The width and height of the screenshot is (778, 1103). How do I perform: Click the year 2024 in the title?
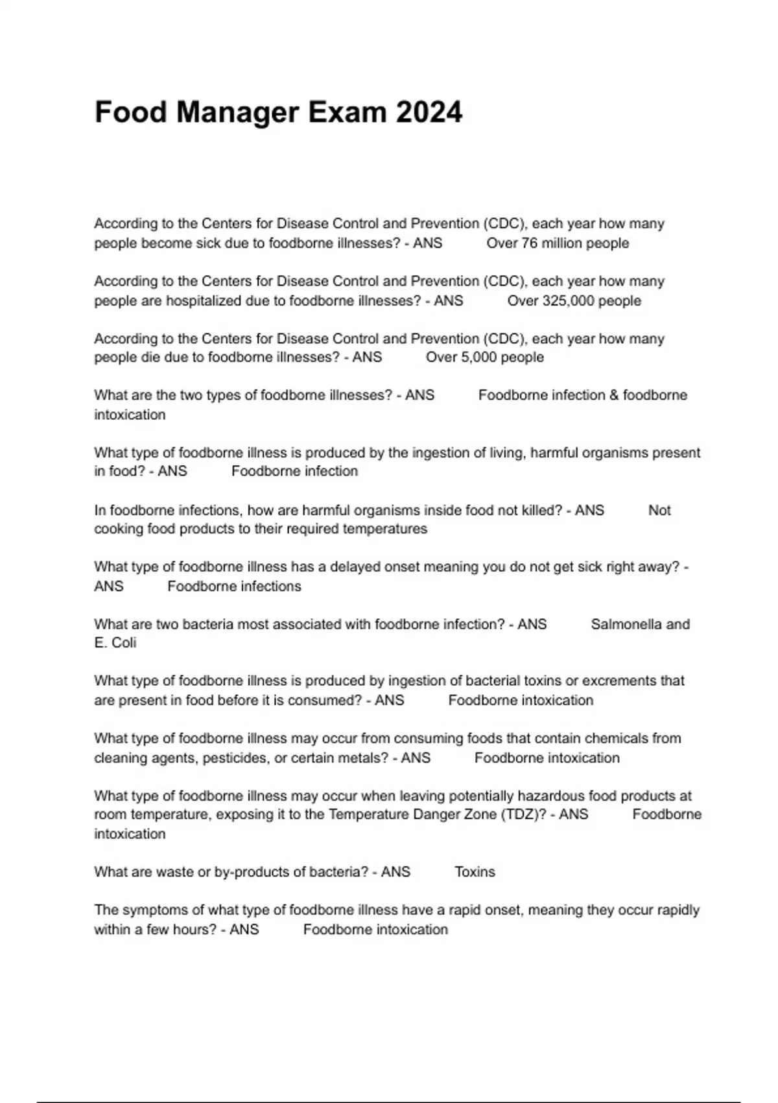click(429, 112)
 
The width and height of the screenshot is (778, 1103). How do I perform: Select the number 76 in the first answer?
click(530, 243)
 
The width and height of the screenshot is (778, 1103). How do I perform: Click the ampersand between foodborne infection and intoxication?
click(614, 395)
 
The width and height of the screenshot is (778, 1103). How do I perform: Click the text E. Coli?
click(115, 643)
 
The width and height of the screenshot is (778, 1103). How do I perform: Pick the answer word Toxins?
click(475, 872)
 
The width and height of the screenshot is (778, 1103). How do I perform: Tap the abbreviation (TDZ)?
click(523, 815)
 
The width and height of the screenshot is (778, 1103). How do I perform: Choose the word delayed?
click(355, 567)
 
